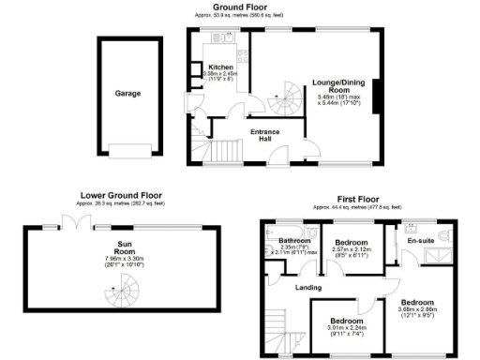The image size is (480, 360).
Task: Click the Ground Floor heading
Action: click(239, 7)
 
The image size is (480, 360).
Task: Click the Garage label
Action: click(127, 94)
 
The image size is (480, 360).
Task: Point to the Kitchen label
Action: click(221, 67)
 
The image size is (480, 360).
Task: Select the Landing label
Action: click(307, 288)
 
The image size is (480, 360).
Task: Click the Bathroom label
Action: click(282, 240)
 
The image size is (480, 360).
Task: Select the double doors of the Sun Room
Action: click(72, 222)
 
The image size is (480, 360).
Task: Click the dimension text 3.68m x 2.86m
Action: click(416, 310)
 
